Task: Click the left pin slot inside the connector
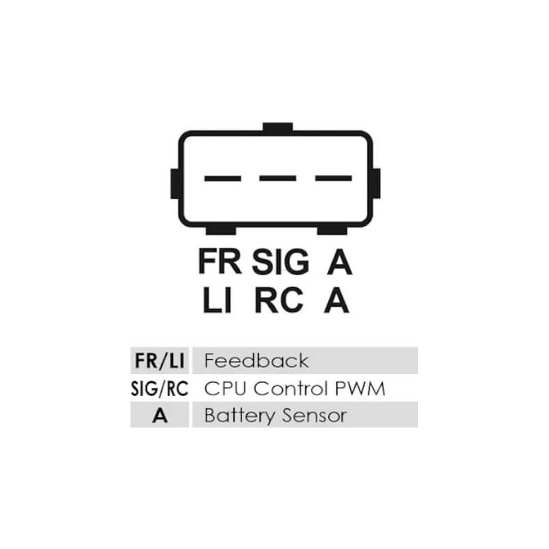(222, 178)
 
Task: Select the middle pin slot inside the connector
(277, 178)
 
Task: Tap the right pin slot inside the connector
(333, 178)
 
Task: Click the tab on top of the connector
(277, 128)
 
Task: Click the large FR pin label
(220, 262)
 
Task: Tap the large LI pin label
(217, 301)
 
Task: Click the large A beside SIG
(338, 262)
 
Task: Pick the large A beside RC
(336, 301)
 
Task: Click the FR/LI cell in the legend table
(159, 360)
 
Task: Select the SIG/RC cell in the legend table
(159, 388)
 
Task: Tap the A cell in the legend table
(159, 416)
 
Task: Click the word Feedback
(257, 360)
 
